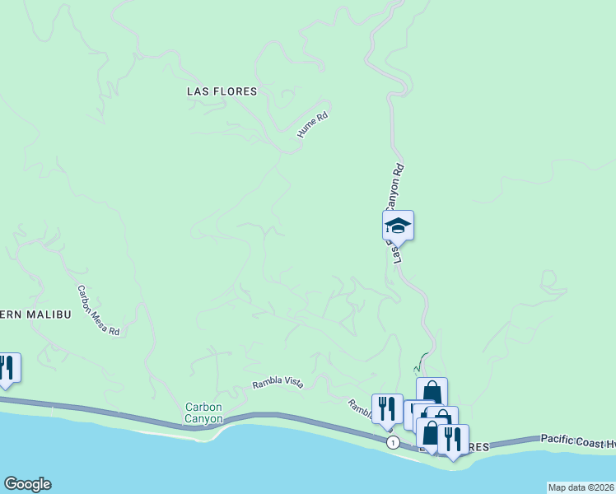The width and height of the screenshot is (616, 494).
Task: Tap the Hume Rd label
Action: (x=313, y=125)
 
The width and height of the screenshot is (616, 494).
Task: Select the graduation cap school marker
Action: (x=398, y=225)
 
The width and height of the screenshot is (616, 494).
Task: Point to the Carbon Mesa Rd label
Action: (x=99, y=310)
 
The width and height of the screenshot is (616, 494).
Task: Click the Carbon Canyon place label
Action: (x=203, y=412)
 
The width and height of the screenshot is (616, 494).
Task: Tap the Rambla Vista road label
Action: (x=277, y=381)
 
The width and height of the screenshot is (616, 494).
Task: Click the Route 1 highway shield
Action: (x=394, y=443)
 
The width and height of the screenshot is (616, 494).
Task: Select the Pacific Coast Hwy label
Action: (x=577, y=440)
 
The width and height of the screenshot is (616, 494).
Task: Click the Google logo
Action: (x=26, y=484)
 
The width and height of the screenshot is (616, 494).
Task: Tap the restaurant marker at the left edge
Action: (x=7, y=368)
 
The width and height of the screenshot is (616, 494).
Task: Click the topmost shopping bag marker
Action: (x=432, y=391)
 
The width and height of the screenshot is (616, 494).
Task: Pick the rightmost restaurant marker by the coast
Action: (x=452, y=439)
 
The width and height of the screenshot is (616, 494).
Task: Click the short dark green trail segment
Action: (x=422, y=361)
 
